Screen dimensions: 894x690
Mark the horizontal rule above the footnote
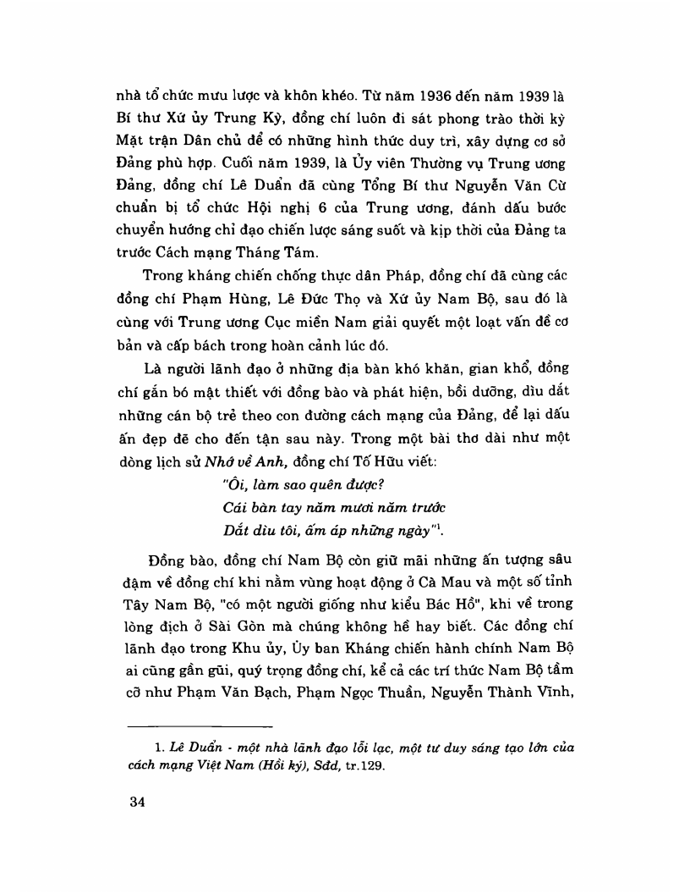[200, 726]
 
